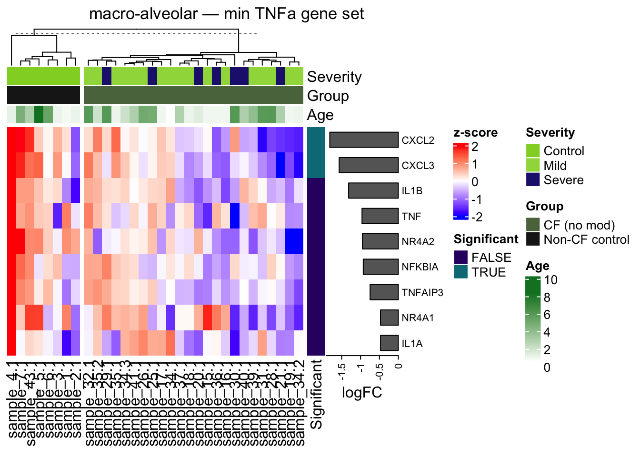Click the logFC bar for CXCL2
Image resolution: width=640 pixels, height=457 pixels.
point(364,140)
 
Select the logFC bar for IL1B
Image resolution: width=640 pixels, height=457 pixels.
point(373,190)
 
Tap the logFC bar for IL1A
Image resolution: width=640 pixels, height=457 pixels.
point(389,343)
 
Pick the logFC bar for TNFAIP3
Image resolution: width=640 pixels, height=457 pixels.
point(384,292)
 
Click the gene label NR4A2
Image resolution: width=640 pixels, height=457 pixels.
point(418,242)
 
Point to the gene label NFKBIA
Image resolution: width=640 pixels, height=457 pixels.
point(420,267)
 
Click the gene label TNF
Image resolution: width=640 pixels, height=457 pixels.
point(411,217)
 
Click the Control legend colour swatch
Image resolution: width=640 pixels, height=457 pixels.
point(533,150)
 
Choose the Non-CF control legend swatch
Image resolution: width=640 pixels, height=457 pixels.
point(533,239)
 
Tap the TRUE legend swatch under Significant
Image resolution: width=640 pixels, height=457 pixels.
point(460,272)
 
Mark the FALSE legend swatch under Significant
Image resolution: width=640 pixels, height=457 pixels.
point(460,257)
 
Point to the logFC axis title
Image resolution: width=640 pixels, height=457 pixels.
point(362,393)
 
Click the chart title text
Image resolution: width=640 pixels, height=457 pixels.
point(226,14)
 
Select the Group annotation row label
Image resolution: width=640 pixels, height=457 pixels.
point(328,96)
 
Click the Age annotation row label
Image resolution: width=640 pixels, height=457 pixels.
point(320,115)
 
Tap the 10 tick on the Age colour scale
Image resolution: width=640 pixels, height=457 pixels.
point(550,280)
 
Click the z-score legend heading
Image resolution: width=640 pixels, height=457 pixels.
point(475,133)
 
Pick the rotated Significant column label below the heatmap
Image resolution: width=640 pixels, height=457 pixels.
point(316,394)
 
